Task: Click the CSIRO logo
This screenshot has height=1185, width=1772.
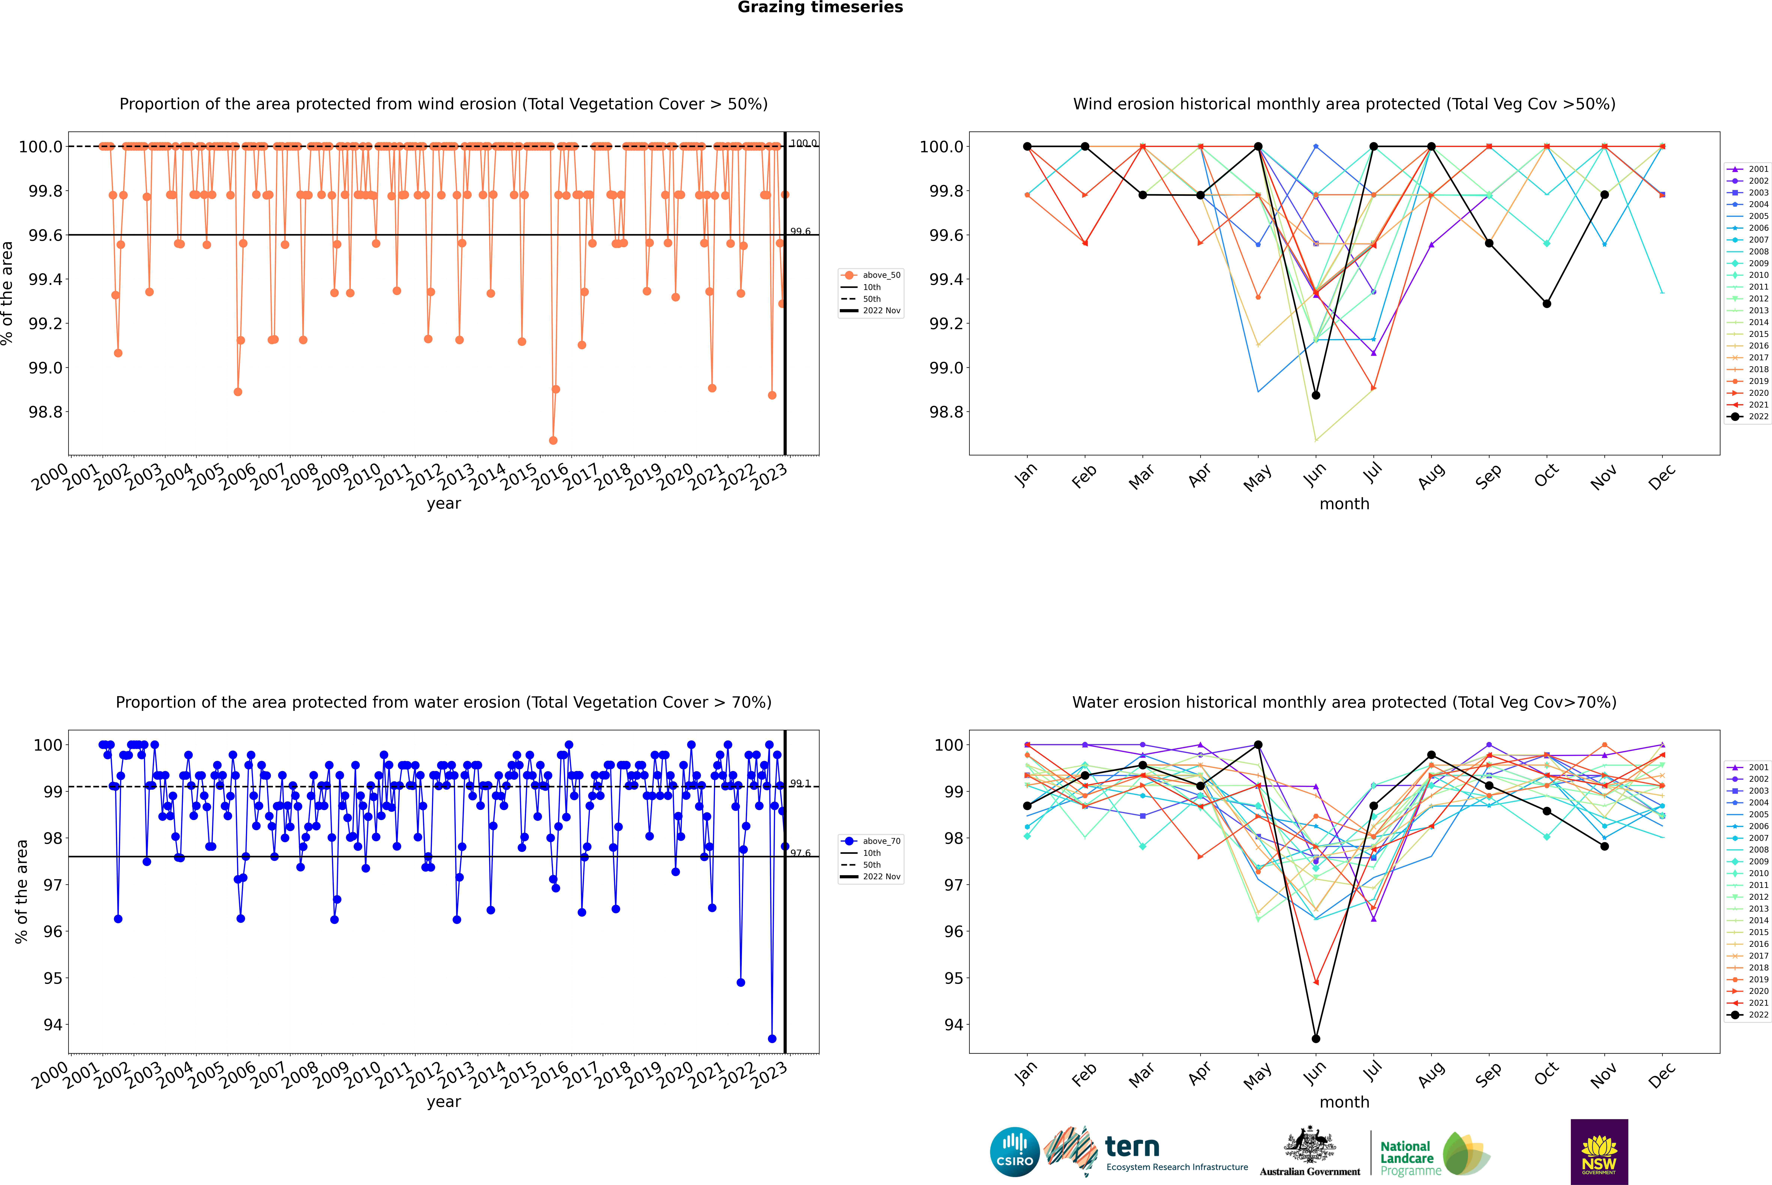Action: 1014,1152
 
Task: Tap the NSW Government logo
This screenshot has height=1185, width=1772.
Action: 1599,1152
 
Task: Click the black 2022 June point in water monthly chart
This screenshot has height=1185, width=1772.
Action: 1316,1038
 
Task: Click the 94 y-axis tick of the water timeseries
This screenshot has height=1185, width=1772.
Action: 53,1025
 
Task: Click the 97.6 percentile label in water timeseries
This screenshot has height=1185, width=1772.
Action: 801,853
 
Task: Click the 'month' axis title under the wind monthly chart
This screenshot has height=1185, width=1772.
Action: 1344,504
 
